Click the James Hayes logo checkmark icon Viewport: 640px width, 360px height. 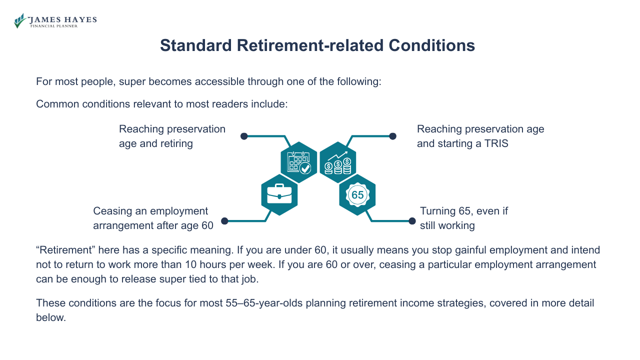tap(19, 21)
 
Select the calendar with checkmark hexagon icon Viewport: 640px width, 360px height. tap(299, 162)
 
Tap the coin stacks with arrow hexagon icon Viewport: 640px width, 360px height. tap(338, 162)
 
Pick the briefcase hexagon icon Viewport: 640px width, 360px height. tap(279, 195)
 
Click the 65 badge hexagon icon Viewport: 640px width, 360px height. tap(357, 195)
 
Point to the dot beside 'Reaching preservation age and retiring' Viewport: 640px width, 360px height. tap(244, 136)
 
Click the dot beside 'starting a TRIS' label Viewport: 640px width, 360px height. tap(393, 136)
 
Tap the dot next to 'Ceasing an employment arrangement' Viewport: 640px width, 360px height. tap(224, 220)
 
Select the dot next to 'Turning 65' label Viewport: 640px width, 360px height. tap(412, 220)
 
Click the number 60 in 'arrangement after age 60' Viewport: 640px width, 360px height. tap(207, 225)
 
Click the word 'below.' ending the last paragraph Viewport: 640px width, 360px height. tap(51, 317)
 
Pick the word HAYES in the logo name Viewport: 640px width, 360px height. tap(81, 19)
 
